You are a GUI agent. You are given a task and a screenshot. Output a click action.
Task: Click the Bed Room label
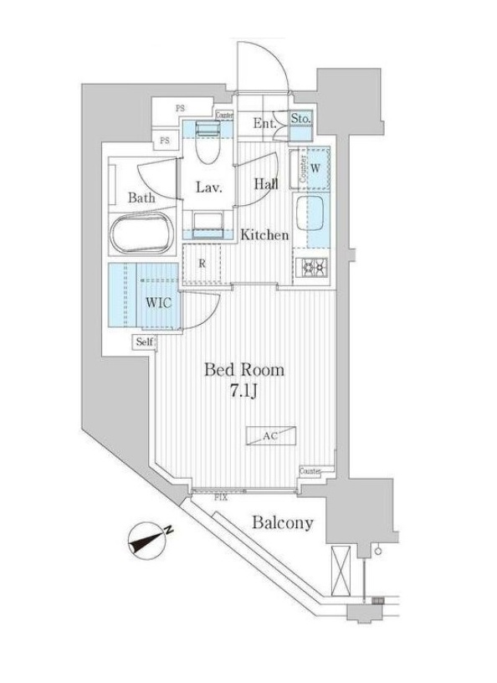(x=244, y=369)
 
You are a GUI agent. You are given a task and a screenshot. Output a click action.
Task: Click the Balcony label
(x=282, y=523)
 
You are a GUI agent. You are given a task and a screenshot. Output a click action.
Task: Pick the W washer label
(x=315, y=166)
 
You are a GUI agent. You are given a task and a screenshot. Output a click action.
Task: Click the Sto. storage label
(x=301, y=120)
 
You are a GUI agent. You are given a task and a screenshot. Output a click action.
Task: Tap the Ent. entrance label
(x=265, y=124)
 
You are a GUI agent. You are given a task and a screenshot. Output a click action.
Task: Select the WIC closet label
(x=160, y=302)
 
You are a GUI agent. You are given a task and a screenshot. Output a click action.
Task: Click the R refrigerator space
(x=202, y=264)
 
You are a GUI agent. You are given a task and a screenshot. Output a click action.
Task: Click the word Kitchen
(x=265, y=235)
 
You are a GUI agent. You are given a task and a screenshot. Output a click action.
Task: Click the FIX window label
(x=221, y=497)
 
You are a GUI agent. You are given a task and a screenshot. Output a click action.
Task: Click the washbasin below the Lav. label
(x=207, y=220)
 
